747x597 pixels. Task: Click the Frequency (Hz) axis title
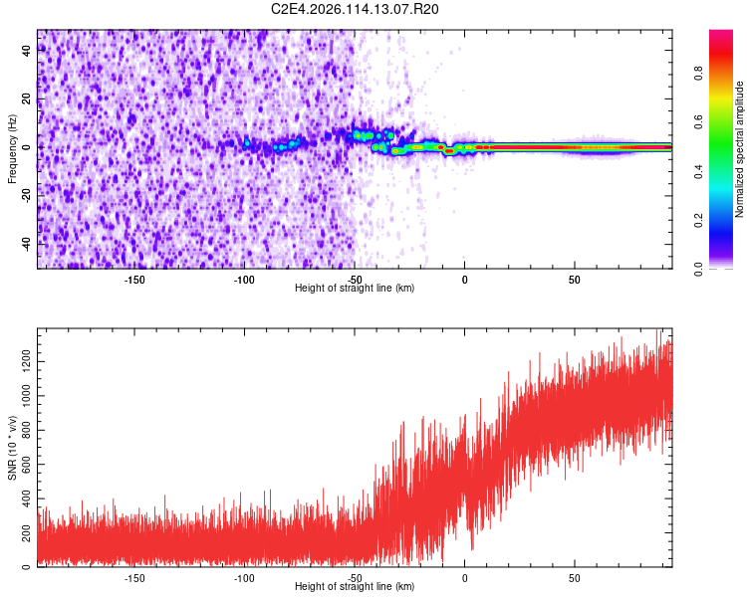pos(12,148)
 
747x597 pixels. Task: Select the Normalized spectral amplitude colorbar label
pos(740,150)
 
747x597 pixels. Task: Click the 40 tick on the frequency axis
pos(28,52)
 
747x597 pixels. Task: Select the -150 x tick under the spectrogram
pos(134,279)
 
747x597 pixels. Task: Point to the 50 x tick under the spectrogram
pos(575,279)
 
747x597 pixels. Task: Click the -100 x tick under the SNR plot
pos(244,577)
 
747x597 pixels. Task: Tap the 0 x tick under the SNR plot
pos(464,577)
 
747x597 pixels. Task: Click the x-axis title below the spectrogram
pos(355,289)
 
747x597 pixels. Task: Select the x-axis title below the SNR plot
pos(355,587)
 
